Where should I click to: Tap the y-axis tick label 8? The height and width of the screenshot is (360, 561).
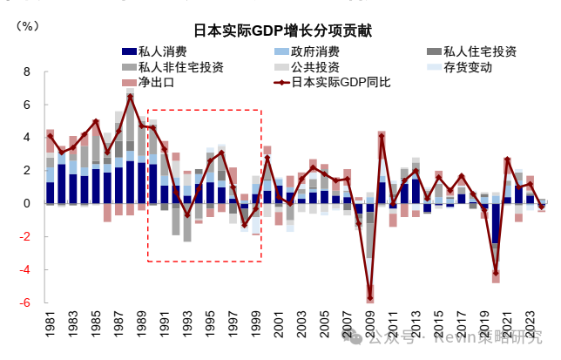(26, 71)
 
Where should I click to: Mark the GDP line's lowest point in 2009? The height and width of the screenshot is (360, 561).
(370, 298)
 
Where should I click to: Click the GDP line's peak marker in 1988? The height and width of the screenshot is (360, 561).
(131, 97)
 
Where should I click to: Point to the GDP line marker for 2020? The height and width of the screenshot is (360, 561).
(496, 273)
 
